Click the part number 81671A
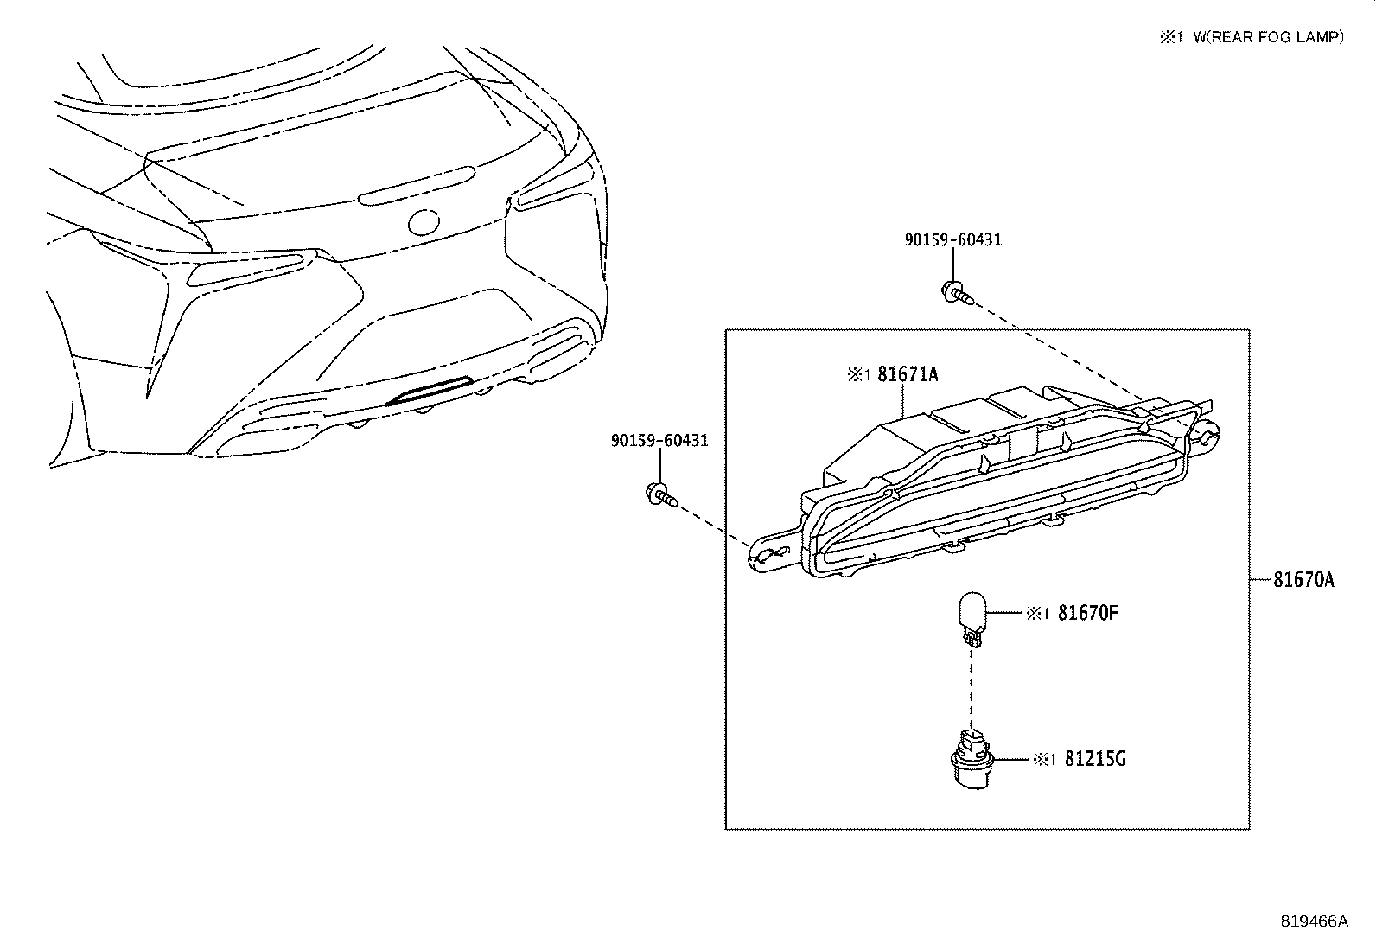pyautogui.click(x=908, y=374)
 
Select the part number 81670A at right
pyautogui.click(x=1303, y=580)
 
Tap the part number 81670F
pyautogui.click(x=1088, y=614)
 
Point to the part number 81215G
pyautogui.click(x=1095, y=759)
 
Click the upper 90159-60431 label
pyautogui.click(x=952, y=240)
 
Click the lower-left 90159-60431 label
pyautogui.click(x=659, y=441)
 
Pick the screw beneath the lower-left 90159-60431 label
pyautogui.click(x=660, y=494)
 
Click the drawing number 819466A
pyautogui.click(x=1314, y=921)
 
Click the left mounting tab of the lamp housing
pyautogui.click(x=768, y=554)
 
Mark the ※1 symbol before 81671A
pyautogui.click(x=857, y=375)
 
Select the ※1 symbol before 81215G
pyautogui.click(x=1043, y=759)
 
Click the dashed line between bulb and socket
pyautogui.click(x=971, y=692)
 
